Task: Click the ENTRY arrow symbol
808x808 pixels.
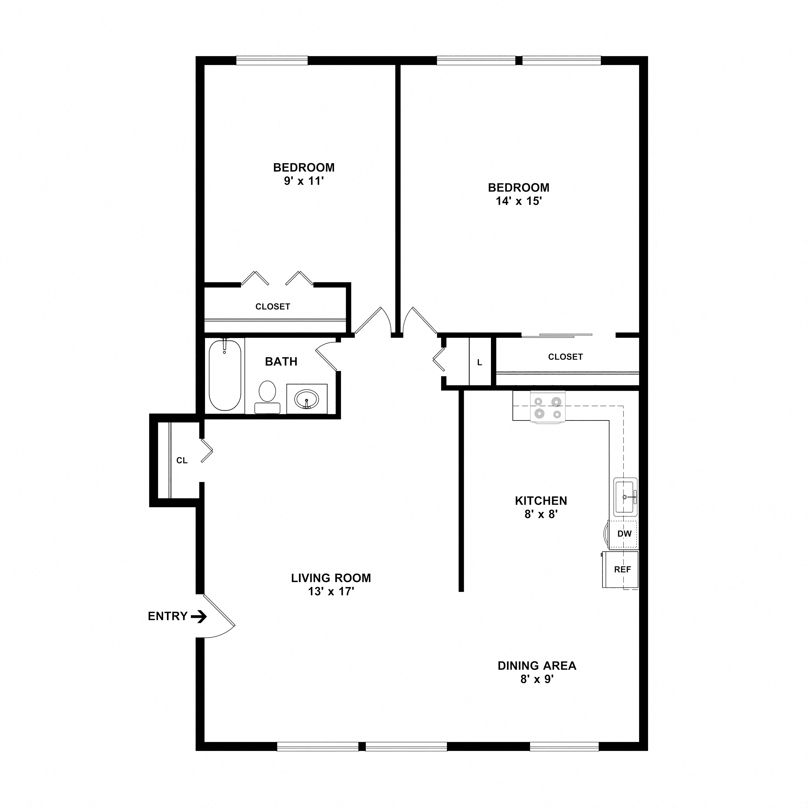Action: (x=199, y=617)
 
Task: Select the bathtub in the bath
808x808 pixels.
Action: (x=225, y=375)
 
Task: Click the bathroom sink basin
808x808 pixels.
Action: (x=307, y=399)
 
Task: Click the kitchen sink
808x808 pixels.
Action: (x=625, y=497)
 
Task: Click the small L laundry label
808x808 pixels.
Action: (x=480, y=363)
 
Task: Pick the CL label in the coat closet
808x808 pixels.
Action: (x=182, y=461)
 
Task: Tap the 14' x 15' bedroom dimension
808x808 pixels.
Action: (x=518, y=201)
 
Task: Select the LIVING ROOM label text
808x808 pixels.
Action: (x=331, y=578)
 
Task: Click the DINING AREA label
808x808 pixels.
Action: (x=537, y=666)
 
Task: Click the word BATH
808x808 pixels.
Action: (x=281, y=361)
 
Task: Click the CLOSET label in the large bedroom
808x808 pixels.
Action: (x=565, y=357)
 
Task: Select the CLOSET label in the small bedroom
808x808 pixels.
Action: (x=273, y=307)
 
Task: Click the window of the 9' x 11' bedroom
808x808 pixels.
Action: (x=272, y=61)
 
